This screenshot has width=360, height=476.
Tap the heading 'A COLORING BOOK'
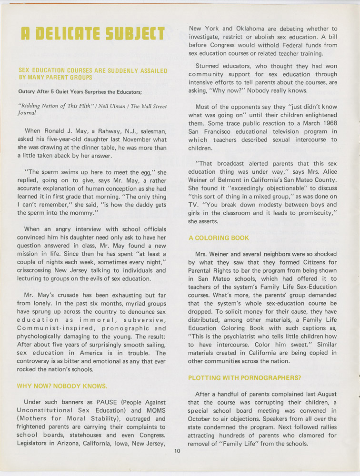tap(218, 238)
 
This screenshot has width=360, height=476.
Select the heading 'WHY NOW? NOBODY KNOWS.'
tap(62, 386)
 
